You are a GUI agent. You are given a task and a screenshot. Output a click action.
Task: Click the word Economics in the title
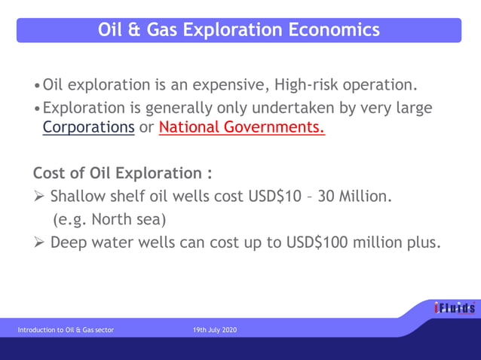click(335, 30)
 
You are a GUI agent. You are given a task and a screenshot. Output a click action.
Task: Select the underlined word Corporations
click(88, 127)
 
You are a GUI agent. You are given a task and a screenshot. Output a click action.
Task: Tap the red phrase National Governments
click(241, 127)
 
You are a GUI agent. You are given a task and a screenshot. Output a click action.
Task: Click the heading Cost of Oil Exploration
click(122, 173)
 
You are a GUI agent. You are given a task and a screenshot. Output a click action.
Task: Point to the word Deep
click(69, 243)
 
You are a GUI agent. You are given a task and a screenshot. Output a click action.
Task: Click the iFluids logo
click(454, 308)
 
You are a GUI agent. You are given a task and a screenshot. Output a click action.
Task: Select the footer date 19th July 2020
click(215, 330)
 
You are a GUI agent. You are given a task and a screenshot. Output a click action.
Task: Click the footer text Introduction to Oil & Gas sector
click(66, 330)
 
